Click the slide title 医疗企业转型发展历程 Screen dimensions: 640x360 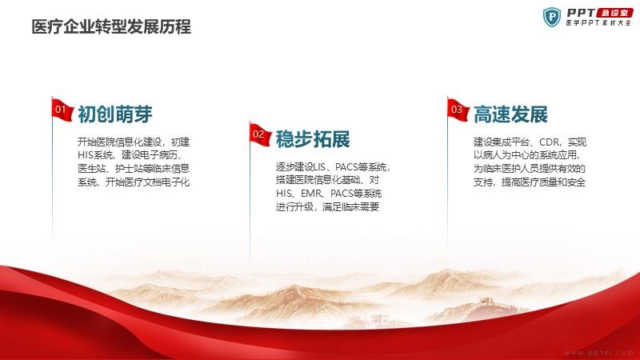(111, 27)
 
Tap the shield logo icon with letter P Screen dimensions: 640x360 (552, 17)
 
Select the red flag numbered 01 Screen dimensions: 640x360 (62, 110)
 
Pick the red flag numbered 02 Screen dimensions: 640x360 (260, 134)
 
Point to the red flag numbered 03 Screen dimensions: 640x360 (458, 110)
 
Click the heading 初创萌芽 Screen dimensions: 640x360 (115, 114)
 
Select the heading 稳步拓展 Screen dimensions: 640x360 (313, 139)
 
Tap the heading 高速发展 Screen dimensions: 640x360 (510, 114)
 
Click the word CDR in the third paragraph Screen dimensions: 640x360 (550, 142)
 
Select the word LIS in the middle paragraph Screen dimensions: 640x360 (319, 167)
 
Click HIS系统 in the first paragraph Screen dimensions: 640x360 (95, 155)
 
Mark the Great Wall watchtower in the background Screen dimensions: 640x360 (486, 302)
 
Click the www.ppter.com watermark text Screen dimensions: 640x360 (598, 353)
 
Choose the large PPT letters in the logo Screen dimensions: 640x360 (581, 13)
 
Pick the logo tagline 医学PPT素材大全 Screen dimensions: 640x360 (598, 23)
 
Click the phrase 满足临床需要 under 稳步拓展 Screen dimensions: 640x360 (350, 207)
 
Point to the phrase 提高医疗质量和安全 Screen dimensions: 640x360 (544, 182)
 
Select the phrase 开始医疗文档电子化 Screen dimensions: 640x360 (148, 182)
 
